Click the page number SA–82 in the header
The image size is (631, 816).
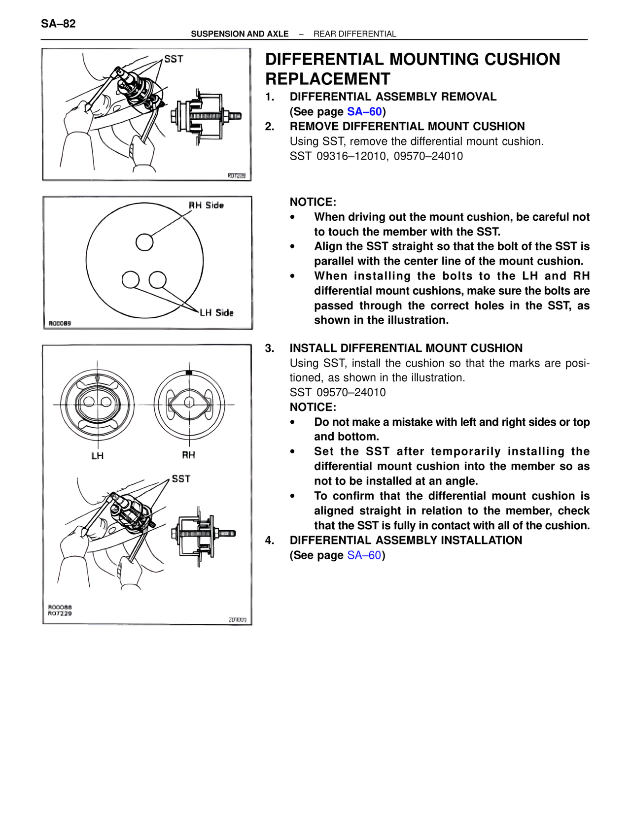(58, 24)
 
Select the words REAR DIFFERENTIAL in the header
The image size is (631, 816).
(354, 34)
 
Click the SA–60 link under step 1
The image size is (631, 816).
(364, 112)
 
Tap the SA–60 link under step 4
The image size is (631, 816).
(364, 555)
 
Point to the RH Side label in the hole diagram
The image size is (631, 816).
(207, 205)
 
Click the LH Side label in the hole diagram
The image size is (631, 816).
(216, 312)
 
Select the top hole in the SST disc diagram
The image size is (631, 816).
(144, 242)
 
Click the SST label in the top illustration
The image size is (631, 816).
(174, 59)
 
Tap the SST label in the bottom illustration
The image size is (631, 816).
(181, 479)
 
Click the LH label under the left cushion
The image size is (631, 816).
(98, 456)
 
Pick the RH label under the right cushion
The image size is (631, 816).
(188, 455)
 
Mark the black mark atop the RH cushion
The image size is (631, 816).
(189, 373)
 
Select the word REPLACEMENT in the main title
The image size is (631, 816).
(328, 79)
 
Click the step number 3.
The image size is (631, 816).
(269, 348)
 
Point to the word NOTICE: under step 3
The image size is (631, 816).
(313, 407)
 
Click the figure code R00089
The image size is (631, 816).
(60, 323)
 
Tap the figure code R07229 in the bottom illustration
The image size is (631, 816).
(60, 613)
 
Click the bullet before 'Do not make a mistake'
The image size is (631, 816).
(293, 422)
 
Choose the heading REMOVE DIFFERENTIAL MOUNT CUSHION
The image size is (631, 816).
(407, 127)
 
